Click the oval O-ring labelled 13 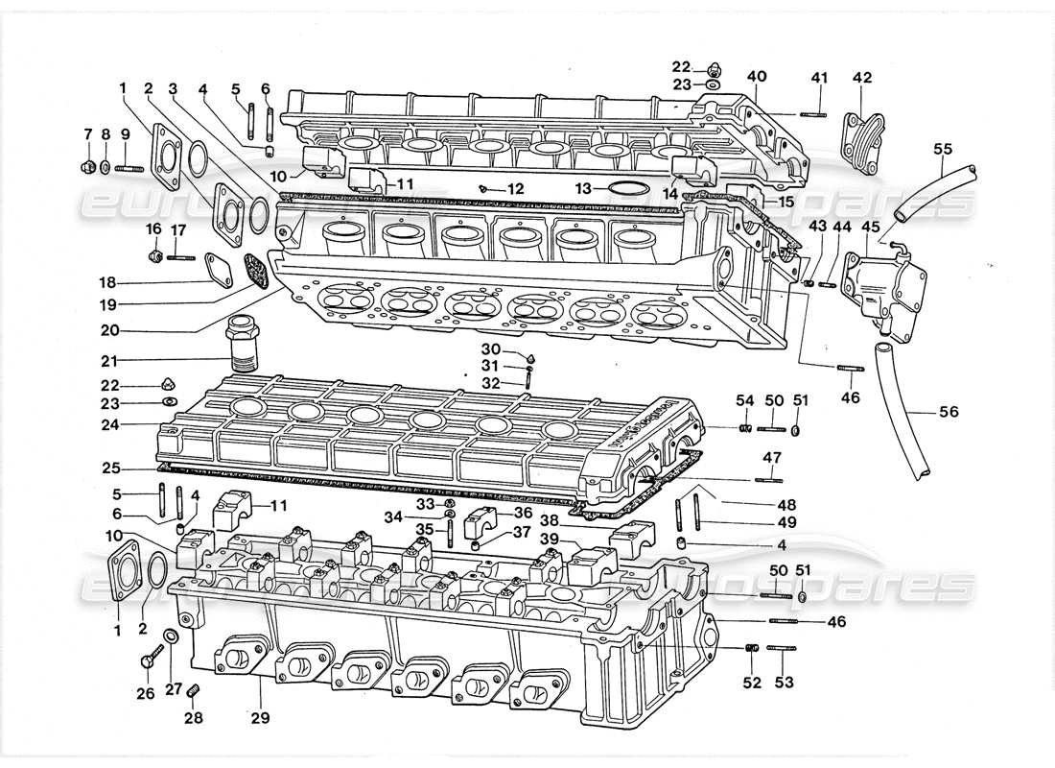tap(626, 188)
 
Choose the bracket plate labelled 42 tap(861, 144)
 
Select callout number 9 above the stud tap(126, 134)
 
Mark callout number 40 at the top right tap(757, 76)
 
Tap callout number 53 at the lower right tap(785, 683)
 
